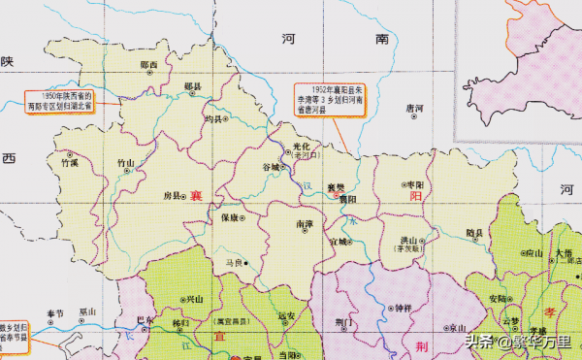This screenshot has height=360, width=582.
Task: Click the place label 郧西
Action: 148,65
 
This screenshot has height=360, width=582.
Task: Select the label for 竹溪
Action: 69,164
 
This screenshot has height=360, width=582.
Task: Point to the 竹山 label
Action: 127,164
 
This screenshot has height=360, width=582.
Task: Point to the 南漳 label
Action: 304,223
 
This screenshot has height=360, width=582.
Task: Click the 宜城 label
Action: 339,240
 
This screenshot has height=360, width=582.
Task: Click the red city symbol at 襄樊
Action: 337,195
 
